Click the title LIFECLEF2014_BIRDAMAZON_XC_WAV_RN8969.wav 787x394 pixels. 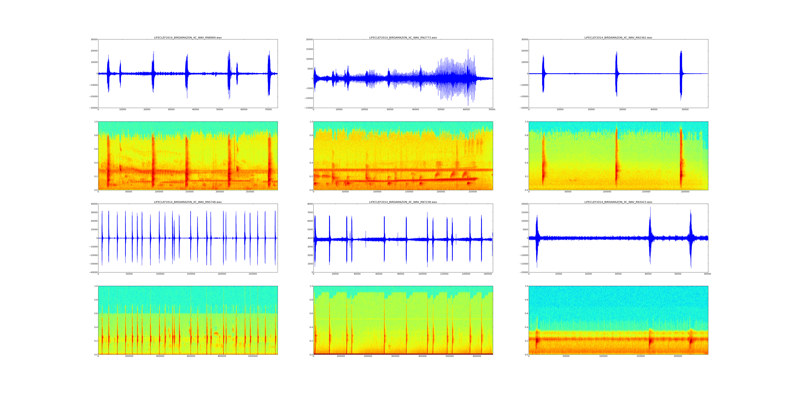(188, 38)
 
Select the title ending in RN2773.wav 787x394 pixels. (403, 38)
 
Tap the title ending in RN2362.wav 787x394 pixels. (618, 38)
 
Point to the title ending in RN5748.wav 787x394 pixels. (188, 202)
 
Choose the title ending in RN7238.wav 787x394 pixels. (403, 202)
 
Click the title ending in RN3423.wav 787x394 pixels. (618, 202)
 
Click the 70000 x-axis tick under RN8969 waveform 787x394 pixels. (268, 110)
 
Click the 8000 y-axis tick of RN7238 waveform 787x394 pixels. (310, 204)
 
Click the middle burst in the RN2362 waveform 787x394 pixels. (616, 73)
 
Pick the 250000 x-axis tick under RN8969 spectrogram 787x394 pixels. (250, 192)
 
